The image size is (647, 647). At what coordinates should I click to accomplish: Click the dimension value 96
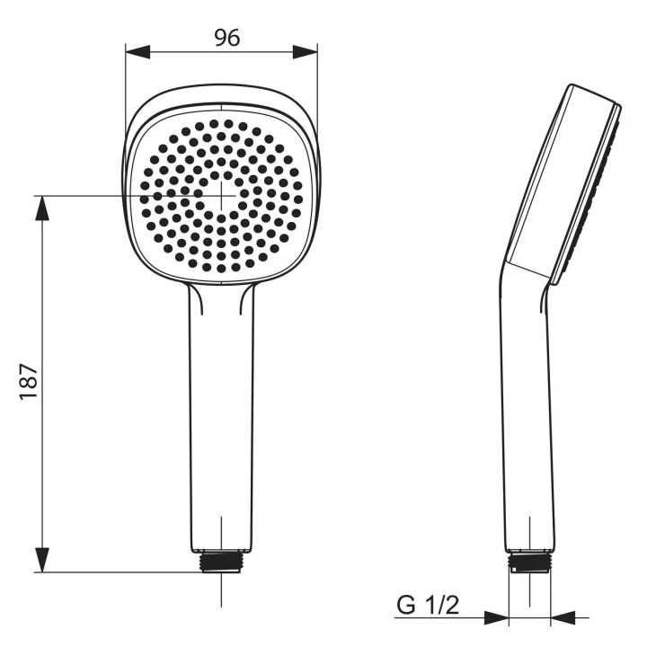[227, 38]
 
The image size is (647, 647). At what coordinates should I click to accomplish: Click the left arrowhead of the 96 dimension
[137, 52]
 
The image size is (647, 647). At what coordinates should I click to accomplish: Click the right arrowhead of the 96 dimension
[306, 52]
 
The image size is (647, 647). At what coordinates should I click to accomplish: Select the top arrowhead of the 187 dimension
[41, 208]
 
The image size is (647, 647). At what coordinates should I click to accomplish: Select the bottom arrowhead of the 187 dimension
[41, 560]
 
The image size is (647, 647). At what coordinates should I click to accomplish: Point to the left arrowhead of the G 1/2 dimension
[496, 617]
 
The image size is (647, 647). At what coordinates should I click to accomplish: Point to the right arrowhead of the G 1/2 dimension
[563, 617]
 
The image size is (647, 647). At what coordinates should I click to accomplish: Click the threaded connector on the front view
[222, 562]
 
